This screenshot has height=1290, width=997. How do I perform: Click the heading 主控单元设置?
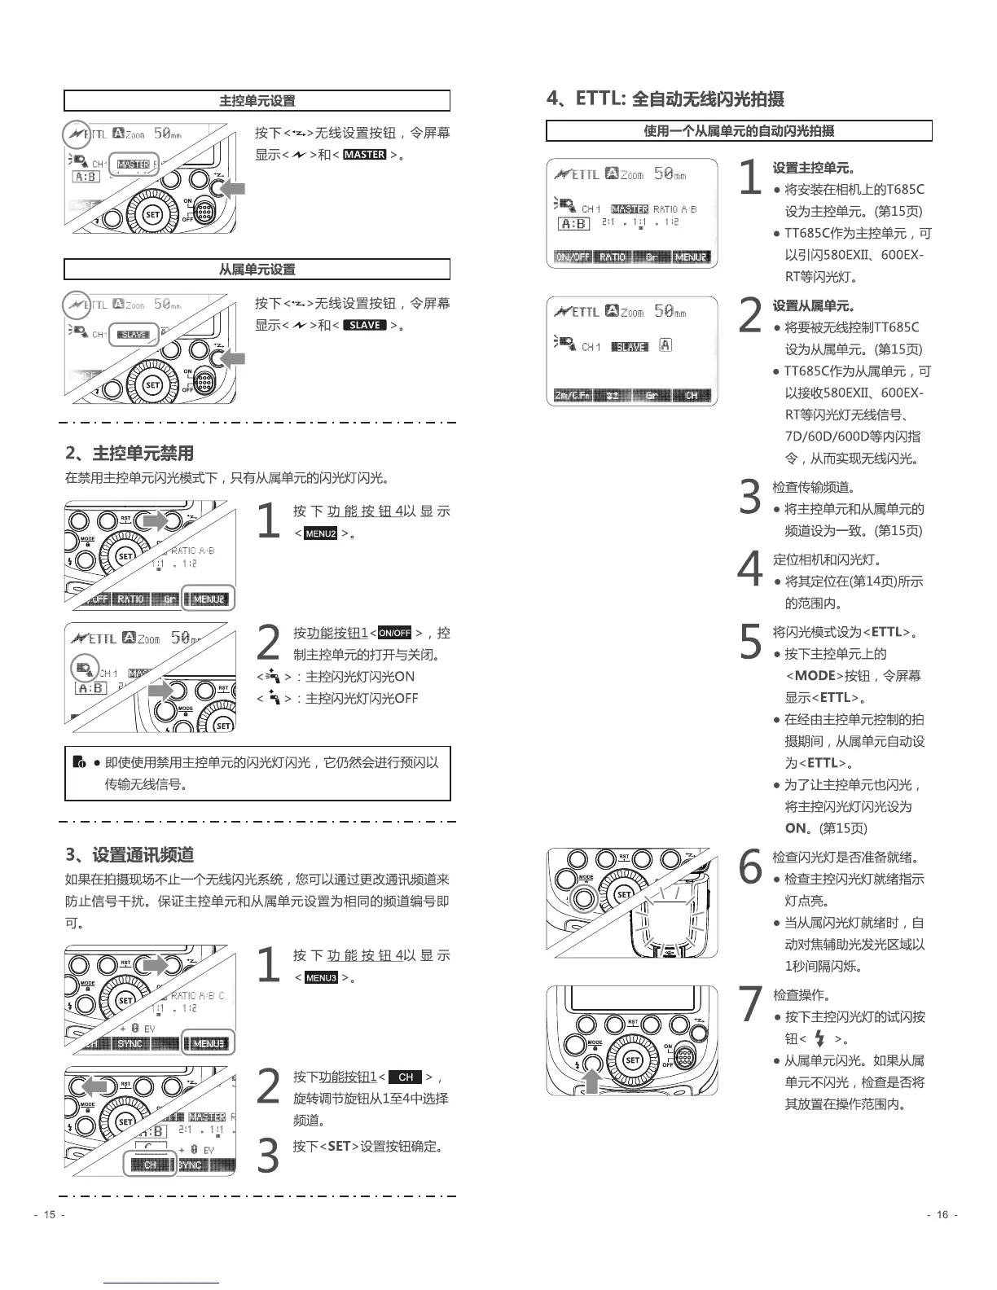point(257,101)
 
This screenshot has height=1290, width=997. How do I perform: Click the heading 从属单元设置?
point(257,270)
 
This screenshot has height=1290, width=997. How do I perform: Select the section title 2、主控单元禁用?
point(130,454)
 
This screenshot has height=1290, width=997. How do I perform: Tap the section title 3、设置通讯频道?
point(130,855)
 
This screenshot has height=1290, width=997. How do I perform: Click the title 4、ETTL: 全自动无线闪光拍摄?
point(665,99)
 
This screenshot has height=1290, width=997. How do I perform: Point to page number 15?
point(50,1215)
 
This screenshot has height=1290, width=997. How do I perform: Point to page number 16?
point(942,1215)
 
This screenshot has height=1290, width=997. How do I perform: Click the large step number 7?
point(749,1005)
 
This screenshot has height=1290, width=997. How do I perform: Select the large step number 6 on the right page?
point(749,867)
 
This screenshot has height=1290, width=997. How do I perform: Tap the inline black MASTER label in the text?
point(364,155)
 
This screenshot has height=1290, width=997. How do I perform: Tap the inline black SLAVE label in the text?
point(364,325)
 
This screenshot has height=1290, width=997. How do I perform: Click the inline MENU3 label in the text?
point(321,978)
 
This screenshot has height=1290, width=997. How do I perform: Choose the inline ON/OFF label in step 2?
point(395,633)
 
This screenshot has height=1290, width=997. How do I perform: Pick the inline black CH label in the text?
point(406,1077)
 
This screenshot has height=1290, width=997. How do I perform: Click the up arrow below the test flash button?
point(592,1081)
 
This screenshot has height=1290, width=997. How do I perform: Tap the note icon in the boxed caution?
point(79,763)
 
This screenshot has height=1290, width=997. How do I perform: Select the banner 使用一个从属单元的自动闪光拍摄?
point(739,131)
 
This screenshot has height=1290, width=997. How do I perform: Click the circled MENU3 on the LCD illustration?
point(209,1043)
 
